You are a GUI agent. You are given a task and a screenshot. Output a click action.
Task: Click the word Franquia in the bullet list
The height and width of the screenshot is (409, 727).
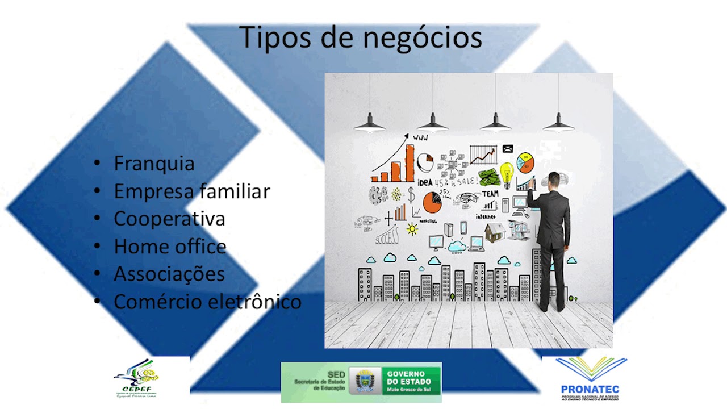point(154,164)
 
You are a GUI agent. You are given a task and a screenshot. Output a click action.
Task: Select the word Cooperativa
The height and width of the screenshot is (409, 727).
point(169,219)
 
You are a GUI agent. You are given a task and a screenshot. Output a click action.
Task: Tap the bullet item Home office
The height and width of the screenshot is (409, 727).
point(170,247)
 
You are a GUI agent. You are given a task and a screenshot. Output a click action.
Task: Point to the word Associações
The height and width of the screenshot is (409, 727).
point(169,274)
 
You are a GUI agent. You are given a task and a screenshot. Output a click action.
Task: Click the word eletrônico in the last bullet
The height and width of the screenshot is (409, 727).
point(254,301)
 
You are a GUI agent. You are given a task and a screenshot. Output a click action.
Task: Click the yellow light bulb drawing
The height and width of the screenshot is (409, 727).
point(506,172)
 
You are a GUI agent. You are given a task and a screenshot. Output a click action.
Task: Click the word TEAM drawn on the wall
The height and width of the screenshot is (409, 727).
point(490,194)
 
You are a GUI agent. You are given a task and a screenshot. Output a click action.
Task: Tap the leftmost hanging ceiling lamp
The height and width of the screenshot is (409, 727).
point(370,121)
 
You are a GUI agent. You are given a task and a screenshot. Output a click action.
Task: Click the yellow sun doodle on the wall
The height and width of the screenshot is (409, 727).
point(412,229)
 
